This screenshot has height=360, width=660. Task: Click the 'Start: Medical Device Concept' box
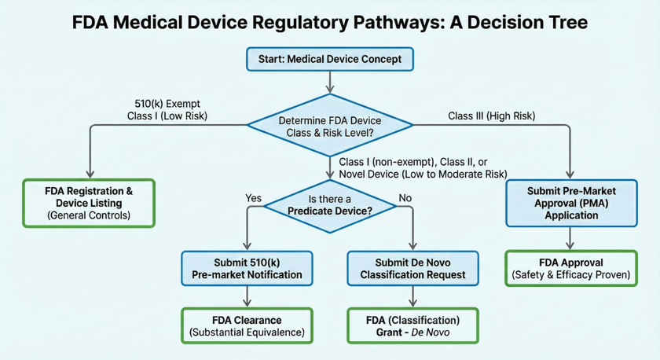[x=329, y=59]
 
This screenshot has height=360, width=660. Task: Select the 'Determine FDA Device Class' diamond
[x=330, y=126]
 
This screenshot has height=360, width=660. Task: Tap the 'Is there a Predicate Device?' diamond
[x=329, y=205]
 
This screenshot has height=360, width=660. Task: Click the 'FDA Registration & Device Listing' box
[x=89, y=203]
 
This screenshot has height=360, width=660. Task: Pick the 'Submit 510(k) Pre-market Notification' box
[x=247, y=268]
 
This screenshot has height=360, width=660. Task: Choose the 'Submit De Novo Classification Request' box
[x=412, y=268]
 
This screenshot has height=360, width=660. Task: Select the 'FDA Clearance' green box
[x=247, y=326]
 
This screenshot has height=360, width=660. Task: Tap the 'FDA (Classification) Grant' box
[x=412, y=326]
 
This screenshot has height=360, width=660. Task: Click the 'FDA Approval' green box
[x=571, y=268]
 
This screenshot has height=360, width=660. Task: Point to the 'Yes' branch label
[x=254, y=198]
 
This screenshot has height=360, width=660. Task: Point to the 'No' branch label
[x=406, y=198]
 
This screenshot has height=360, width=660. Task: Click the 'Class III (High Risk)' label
[x=491, y=116]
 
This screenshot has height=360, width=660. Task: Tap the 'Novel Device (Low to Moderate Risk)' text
[x=423, y=174]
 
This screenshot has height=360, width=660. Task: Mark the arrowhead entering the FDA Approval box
[x=571, y=246]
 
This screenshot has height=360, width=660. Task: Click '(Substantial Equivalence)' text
[x=247, y=333]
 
